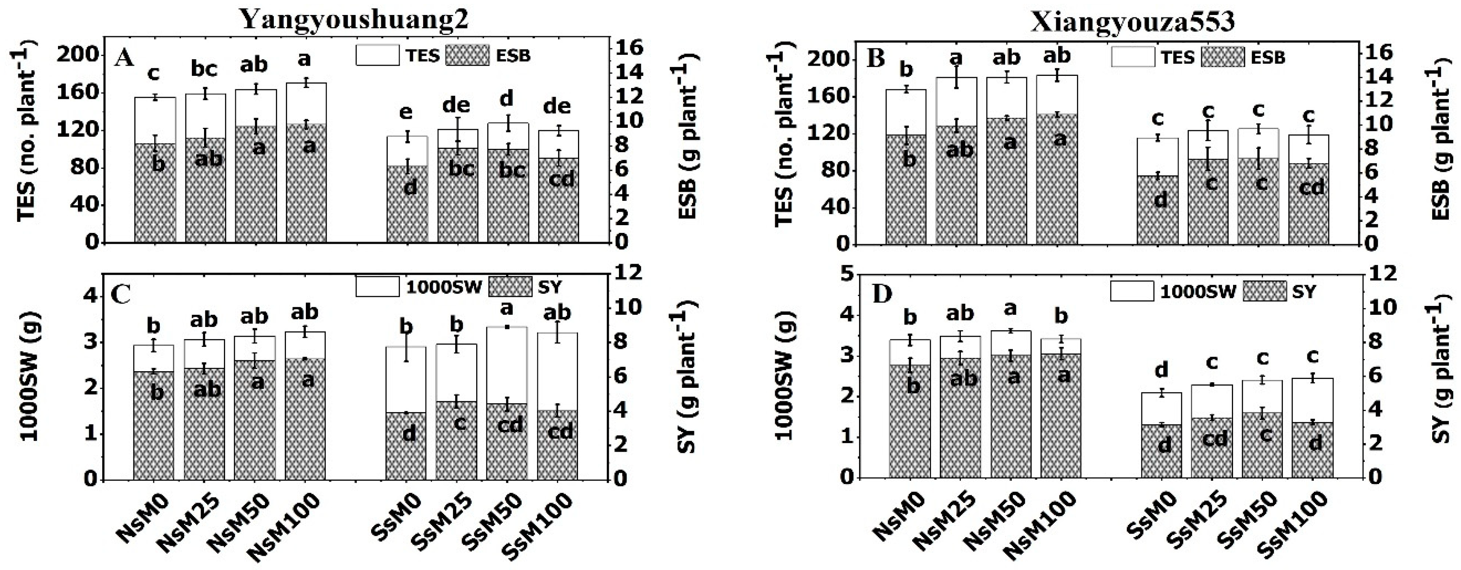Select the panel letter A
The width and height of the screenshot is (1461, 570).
click(124, 57)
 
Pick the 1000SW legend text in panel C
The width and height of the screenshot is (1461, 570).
click(443, 287)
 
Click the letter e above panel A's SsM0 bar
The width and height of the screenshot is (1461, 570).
click(406, 113)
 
